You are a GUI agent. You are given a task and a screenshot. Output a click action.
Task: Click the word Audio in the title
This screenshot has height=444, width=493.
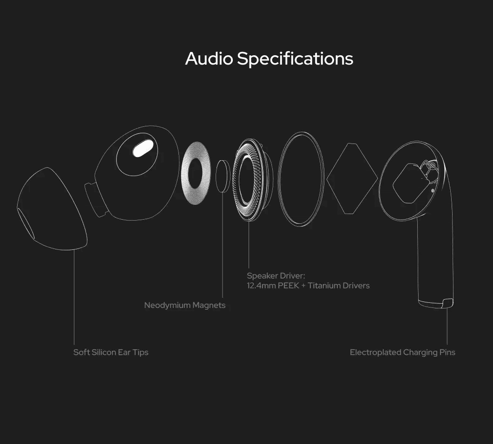209,59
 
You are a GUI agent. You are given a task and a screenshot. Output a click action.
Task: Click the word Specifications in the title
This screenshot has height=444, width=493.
295,59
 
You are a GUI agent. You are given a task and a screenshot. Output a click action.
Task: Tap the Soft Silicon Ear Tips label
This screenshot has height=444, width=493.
111,352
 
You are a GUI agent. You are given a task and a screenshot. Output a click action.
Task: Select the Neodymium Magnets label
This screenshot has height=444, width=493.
184,305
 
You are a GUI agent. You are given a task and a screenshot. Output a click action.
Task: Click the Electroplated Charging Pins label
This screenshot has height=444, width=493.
402,352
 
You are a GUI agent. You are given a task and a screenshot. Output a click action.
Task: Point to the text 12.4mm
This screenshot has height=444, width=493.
261,285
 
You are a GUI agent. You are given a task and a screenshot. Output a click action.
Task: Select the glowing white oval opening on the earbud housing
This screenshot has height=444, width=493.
143,149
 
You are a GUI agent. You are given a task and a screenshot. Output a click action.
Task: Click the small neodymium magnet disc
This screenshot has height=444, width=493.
223,176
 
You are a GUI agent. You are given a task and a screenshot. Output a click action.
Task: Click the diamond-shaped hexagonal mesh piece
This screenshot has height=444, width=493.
352,179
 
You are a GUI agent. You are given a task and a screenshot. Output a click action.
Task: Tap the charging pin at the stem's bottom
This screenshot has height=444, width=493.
447,303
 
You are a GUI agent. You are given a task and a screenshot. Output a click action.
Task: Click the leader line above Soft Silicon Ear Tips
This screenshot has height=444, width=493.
74,297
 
